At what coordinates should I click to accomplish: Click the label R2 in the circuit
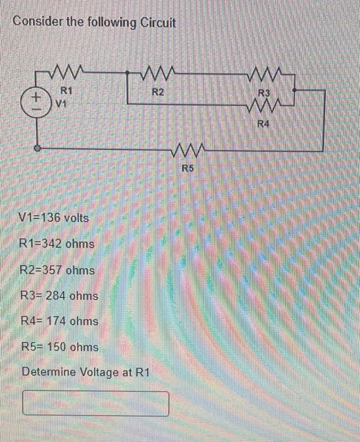point(158,92)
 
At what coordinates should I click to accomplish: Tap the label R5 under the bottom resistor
point(188,168)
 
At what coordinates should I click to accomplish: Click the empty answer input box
point(96,403)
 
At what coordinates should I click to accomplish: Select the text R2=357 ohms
point(57,270)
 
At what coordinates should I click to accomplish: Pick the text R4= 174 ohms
point(59,321)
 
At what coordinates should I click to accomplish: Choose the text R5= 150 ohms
point(59,347)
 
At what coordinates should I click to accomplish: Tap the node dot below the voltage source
point(37,149)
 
